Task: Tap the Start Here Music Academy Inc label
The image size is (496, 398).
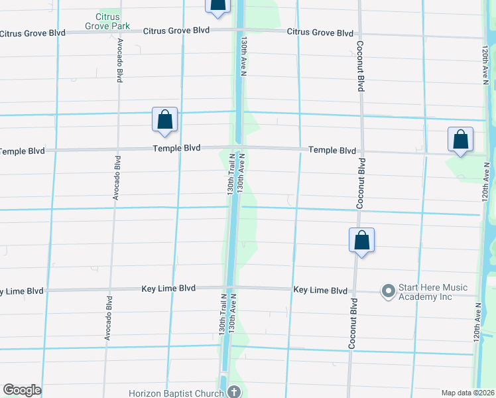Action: [432, 292]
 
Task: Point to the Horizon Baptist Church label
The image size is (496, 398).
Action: [182, 393]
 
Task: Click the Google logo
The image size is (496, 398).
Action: [22, 390]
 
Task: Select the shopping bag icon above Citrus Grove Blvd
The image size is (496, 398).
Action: [217, 6]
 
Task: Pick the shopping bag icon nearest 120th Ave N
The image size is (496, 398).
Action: [460, 140]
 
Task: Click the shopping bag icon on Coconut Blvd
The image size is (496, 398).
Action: [362, 240]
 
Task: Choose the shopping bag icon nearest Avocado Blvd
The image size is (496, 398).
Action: [164, 119]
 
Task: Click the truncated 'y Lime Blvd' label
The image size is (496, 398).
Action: [22, 291]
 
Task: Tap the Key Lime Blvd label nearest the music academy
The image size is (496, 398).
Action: [320, 291]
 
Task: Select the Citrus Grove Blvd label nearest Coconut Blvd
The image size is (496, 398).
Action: [320, 33]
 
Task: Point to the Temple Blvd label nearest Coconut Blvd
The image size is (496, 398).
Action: [332, 151]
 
